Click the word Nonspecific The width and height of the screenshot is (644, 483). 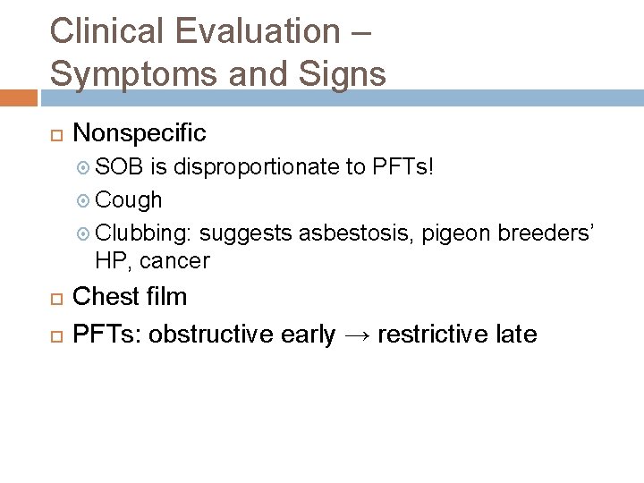[x=140, y=133]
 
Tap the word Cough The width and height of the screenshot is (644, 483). [x=129, y=200]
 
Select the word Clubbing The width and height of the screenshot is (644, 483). [x=143, y=233]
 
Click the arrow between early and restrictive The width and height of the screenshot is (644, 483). [x=356, y=335]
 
